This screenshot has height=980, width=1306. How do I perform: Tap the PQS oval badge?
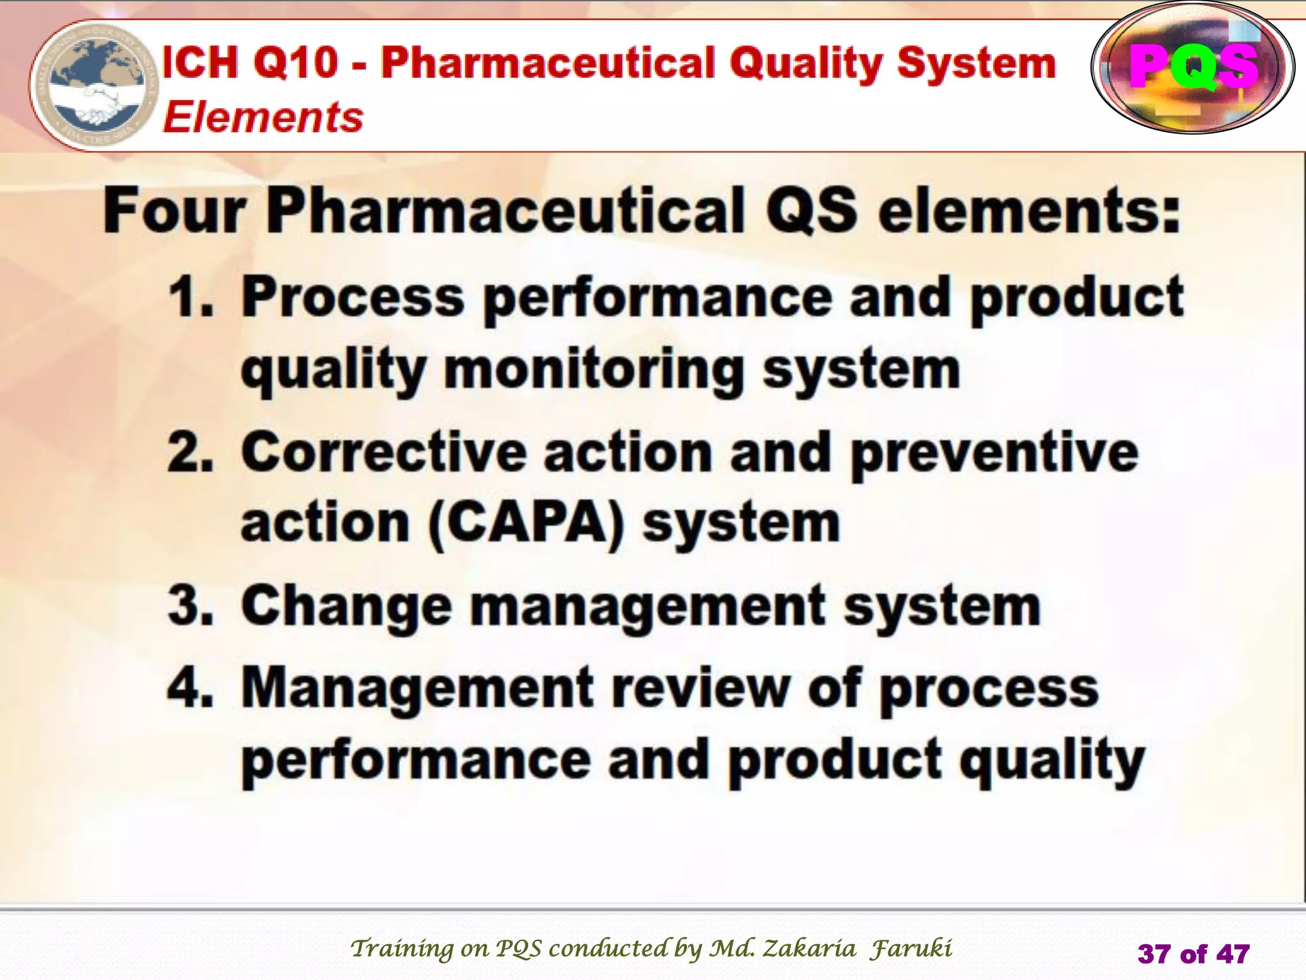coord(1192,68)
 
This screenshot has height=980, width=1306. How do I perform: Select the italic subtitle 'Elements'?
coord(263,117)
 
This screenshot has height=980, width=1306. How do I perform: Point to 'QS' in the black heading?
coord(811,211)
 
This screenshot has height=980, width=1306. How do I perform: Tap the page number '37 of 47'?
coord(1193,954)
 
